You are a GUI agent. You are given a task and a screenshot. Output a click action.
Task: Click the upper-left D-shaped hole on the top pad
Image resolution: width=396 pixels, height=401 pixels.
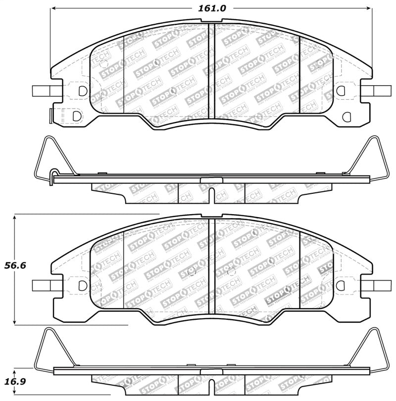[x=83, y=90]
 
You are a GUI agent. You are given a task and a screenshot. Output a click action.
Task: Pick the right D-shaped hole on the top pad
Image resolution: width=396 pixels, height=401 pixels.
[x=341, y=90]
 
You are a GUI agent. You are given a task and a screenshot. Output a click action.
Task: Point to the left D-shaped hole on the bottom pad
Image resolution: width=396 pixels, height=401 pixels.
[x=83, y=286]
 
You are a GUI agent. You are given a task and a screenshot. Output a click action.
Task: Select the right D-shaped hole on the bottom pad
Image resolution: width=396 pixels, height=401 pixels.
[x=341, y=286]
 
